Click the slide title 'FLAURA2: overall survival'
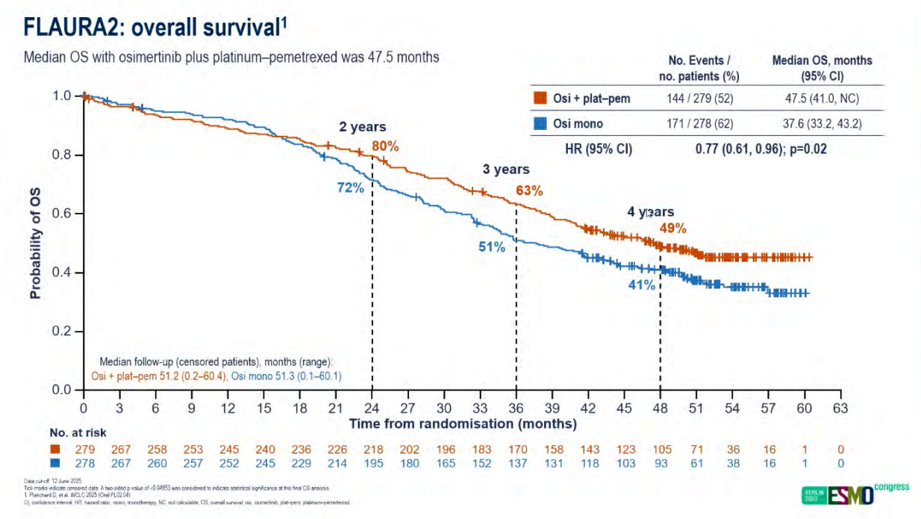pyautogui.click(x=155, y=28)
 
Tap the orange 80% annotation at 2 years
pyautogui.click(x=386, y=146)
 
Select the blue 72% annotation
pyautogui.click(x=350, y=187)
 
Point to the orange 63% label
pyautogui.click(x=529, y=190)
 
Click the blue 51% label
pyautogui.click(x=492, y=246)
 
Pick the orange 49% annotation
pyautogui.click(x=672, y=229)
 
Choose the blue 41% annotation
pyautogui.click(x=642, y=285)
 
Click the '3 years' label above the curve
pyautogui.click(x=505, y=170)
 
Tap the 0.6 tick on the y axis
pyautogui.click(x=65, y=214)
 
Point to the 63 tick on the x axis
pyautogui.click(x=840, y=408)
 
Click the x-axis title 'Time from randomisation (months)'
pyautogui.click(x=463, y=423)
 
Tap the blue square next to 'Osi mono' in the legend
pyautogui.click(x=539, y=124)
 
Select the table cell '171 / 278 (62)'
pyautogui.click(x=694, y=124)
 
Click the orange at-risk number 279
pyautogui.click(x=83, y=450)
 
